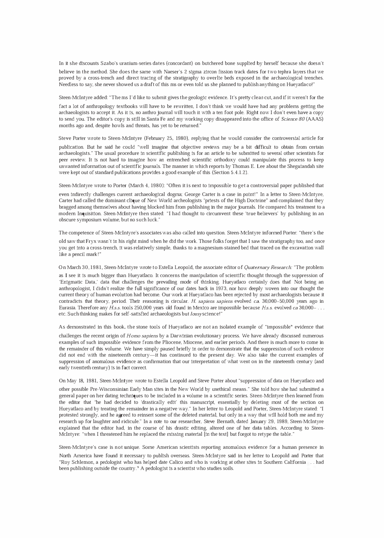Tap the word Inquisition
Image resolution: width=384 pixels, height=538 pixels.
click(86, 214)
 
